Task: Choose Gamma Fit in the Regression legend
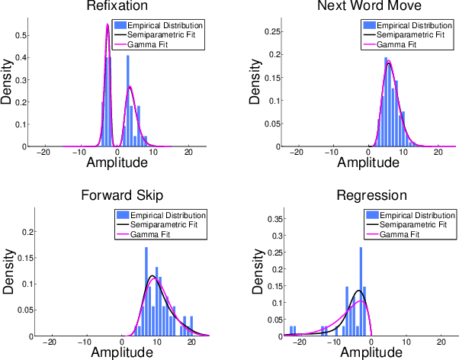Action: pos(399,235)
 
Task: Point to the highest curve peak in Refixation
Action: pos(108,24)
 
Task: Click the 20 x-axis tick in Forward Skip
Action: pos(191,342)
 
